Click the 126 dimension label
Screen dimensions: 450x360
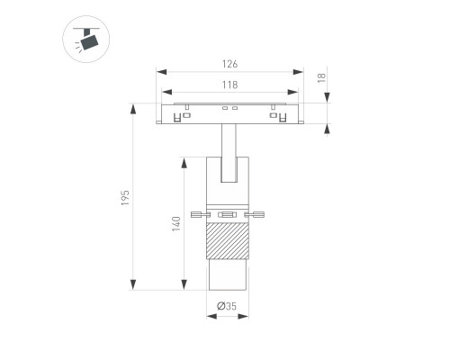coord(229,64)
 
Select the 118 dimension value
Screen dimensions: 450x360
coord(229,85)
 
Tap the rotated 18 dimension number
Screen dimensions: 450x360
coord(321,77)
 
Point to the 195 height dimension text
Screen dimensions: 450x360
coord(125,198)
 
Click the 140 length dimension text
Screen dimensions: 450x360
coord(176,224)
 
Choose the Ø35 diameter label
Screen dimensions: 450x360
coord(227,306)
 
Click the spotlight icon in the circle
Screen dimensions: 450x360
coord(86,40)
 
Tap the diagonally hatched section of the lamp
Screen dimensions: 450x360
coord(228,241)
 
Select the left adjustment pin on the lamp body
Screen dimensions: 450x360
coord(201,214)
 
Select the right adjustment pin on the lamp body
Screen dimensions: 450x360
coord(255,214)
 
